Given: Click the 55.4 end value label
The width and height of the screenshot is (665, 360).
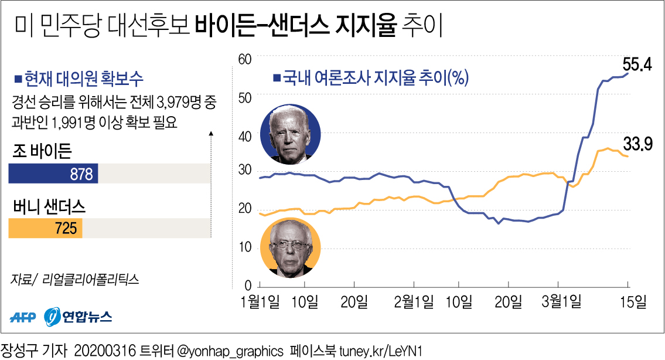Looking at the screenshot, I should (x=637, y=64).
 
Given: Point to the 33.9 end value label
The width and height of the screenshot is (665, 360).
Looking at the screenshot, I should (x=637, y=144).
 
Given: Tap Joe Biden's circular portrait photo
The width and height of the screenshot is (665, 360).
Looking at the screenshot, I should (x=291, y=135).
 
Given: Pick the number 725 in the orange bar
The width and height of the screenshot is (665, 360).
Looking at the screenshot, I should (x=65, y=228).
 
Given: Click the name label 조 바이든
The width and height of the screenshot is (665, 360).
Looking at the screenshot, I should (x=42, y=152).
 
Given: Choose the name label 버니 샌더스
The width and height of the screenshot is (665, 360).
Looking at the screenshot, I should (x=49, y=206).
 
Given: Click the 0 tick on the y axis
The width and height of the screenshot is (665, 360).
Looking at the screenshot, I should (x=247, y=286).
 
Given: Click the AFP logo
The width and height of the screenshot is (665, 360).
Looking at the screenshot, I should (x=23, y=317).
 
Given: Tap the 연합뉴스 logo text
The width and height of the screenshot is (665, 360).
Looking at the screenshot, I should (x=88, y=317).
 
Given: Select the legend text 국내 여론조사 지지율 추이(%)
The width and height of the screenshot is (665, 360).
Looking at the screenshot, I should (x=374, y=78).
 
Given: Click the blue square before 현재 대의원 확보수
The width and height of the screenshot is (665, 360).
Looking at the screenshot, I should (x=18, y=78).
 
